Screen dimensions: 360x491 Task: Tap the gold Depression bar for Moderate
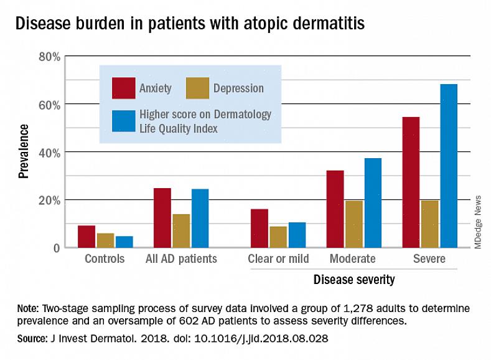click(354, 224)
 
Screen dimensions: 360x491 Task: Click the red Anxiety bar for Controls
click(87, 236)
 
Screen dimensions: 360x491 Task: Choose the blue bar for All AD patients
click(200, 218)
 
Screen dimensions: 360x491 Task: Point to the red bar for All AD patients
click(162, 217)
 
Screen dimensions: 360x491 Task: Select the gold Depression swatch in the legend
click(198, 88)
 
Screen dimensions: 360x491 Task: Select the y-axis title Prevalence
click(24, 151)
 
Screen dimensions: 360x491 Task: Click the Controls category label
click(105, 258)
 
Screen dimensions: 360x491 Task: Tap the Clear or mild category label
click(278, 258)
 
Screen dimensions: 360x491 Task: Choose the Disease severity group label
click(354, 280)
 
